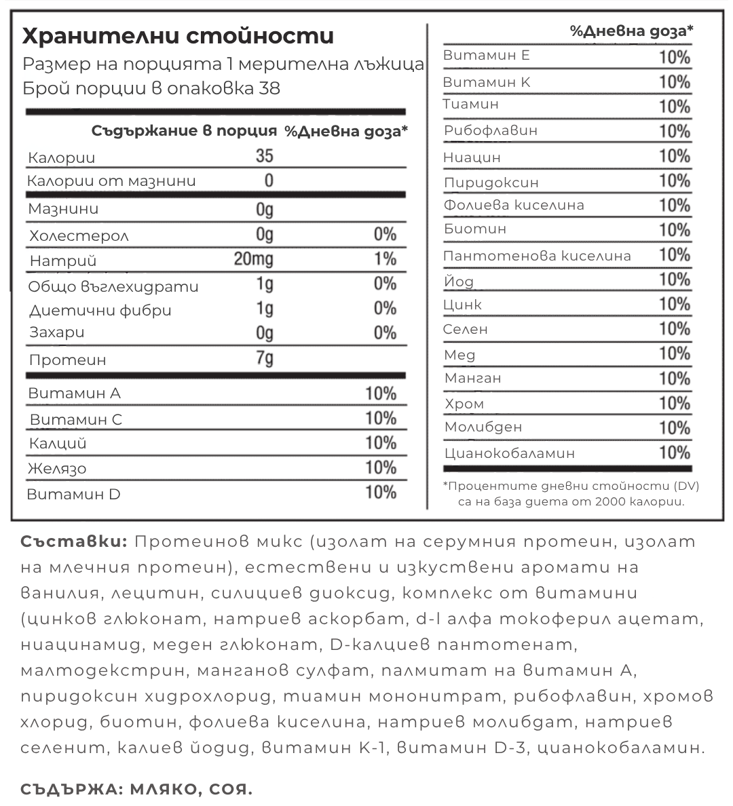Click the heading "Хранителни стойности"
[178, 35]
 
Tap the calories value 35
[265, 156]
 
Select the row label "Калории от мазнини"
[112, 181]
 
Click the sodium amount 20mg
[254, 259]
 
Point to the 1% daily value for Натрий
[385, 259]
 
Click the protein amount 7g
[265, 358]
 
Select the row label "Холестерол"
[79, 236]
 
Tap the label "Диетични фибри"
[100, 311]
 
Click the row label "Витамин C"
[76, 419]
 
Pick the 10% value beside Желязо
[381, 467]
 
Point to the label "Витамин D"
[73, 494]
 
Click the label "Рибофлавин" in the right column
[491, 130]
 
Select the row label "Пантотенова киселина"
[537, 256]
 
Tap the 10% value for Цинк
[675, 304]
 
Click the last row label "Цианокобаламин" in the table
[510, 453]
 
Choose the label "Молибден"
[483, 427]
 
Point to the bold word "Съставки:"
[73, 541]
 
